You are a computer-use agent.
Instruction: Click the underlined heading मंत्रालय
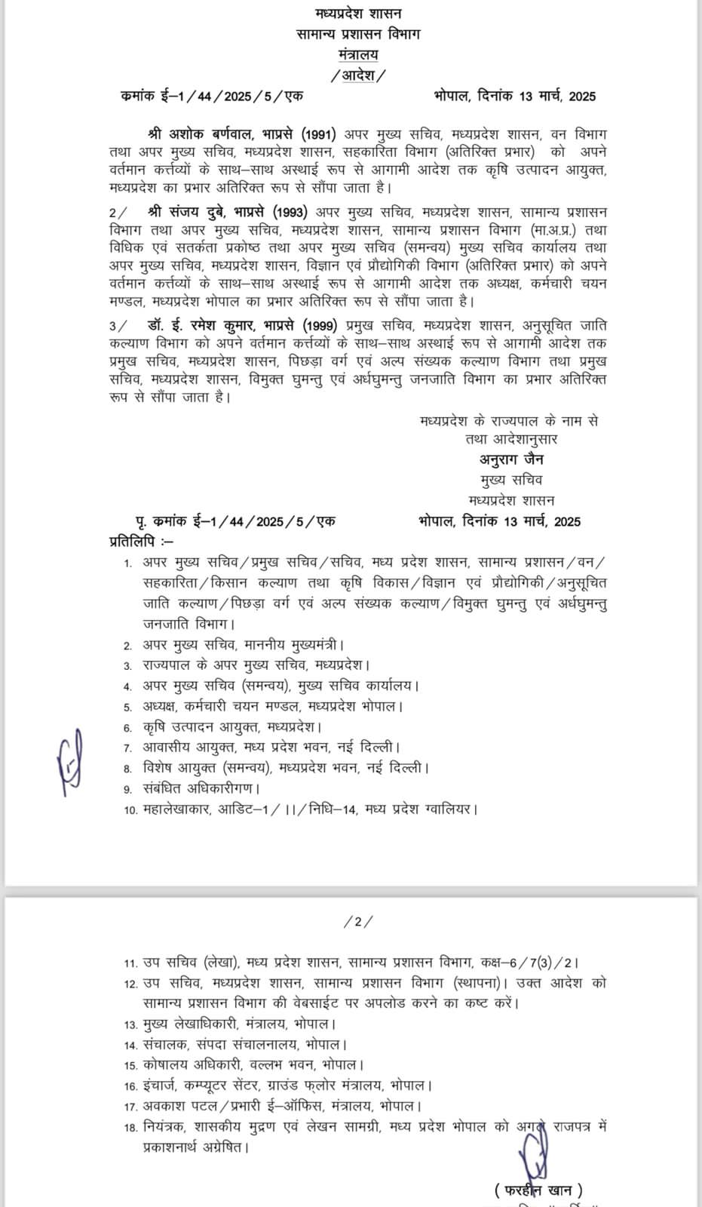tap(358, 54)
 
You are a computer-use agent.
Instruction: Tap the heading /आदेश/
tap(357, 75)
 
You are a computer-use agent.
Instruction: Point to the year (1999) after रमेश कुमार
tap(323, 325)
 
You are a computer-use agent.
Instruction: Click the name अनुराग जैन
tap(510, 459)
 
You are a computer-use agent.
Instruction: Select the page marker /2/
tap(358, 921)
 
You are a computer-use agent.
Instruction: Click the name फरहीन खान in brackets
tap(538, 1190)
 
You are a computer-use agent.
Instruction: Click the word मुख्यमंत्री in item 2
tap(310, 645)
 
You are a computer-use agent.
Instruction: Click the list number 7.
tap(128, 748)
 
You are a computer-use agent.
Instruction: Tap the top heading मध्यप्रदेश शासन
tap(358, 14)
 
